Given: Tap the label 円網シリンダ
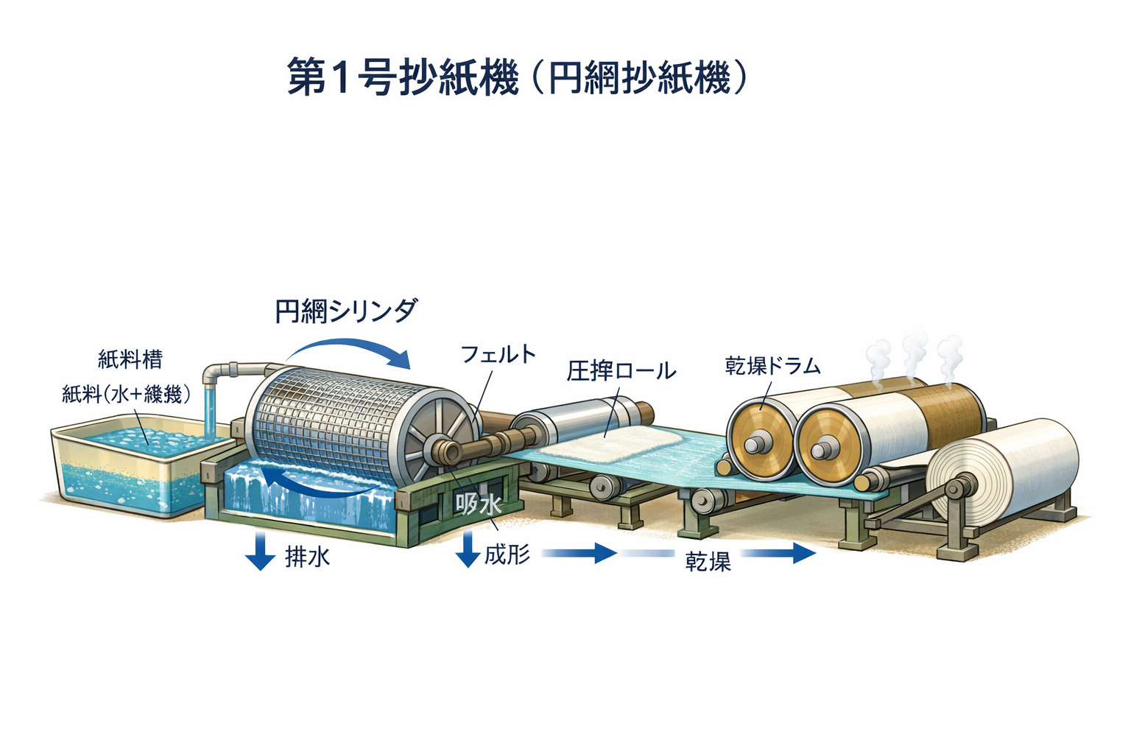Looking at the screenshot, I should pyautogui.click(x=345, y=311).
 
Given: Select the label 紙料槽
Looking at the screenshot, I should pyautogui.click(x=130, y=359).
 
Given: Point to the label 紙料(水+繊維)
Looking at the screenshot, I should pyautogui.click(x=126, y=394).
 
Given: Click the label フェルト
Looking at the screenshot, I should pyautogui.click(x=498, y=354).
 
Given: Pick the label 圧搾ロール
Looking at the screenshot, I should pyautogui.click(x=621, y=370).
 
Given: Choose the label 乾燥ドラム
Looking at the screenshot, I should pyautogui.click(x=772, y=365).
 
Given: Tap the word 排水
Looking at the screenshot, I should pyautogui.click(x=307, y=557).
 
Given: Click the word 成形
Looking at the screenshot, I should pyautogui.click(x=507, y=554).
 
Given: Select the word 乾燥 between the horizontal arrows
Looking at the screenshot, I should pyautogui.click(x=708, y=562).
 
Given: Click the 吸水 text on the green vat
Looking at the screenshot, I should pyautogui.click(x=479, y=504).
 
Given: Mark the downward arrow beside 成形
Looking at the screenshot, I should pyautogui.click(x=468, y=550).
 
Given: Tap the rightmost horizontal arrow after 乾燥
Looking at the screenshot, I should pyautogui.click(x=780, y=553).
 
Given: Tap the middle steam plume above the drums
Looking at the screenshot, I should pyautogui.click(x=913, y=353).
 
